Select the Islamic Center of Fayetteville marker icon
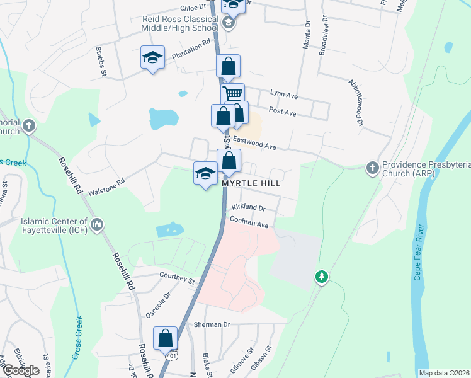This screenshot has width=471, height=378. tap(97, 224)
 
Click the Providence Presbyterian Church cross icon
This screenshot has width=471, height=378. tap(372, 168)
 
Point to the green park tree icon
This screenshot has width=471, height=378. tap(322, 277)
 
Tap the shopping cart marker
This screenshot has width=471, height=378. tap(233, 94)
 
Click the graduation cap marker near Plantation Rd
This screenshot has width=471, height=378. tap(152, 58)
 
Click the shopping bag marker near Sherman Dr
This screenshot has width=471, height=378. tap(166, 338)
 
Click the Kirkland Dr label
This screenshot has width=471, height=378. tap(249, 207)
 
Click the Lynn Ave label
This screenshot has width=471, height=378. tap(283, 93)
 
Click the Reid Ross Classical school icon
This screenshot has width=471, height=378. tap(229, 24)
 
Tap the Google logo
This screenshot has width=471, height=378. tap(21, 370)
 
